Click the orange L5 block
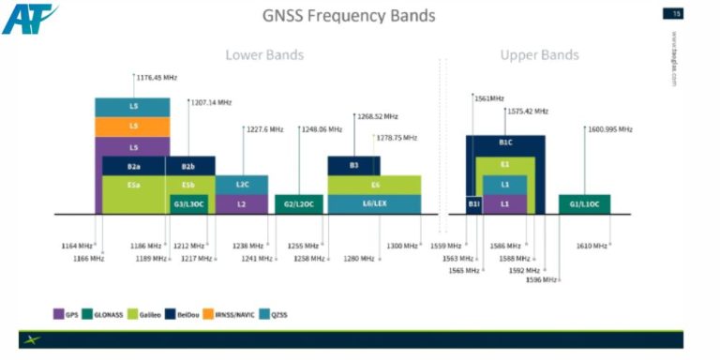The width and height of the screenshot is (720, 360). pyautogui.click(x=132, y=127)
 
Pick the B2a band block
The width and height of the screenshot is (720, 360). pyautogui.click(x=134, y=166)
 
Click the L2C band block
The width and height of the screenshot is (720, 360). pyautogui.click(x=241, y=185)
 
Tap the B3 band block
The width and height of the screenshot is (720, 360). pyautogui.click(x=353, y=166)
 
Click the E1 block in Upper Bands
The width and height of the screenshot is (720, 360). pyautogui.click(x=505, y=166)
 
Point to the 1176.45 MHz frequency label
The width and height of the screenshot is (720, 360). pyautogui.click(x=157, y=77)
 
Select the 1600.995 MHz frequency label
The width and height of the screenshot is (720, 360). pyautogui.click(x=610, y=129)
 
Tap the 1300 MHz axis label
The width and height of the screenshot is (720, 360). pyautogui.click(x=402, y=246)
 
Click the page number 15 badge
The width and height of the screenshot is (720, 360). pyautogui.click(x=672, y=13)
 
